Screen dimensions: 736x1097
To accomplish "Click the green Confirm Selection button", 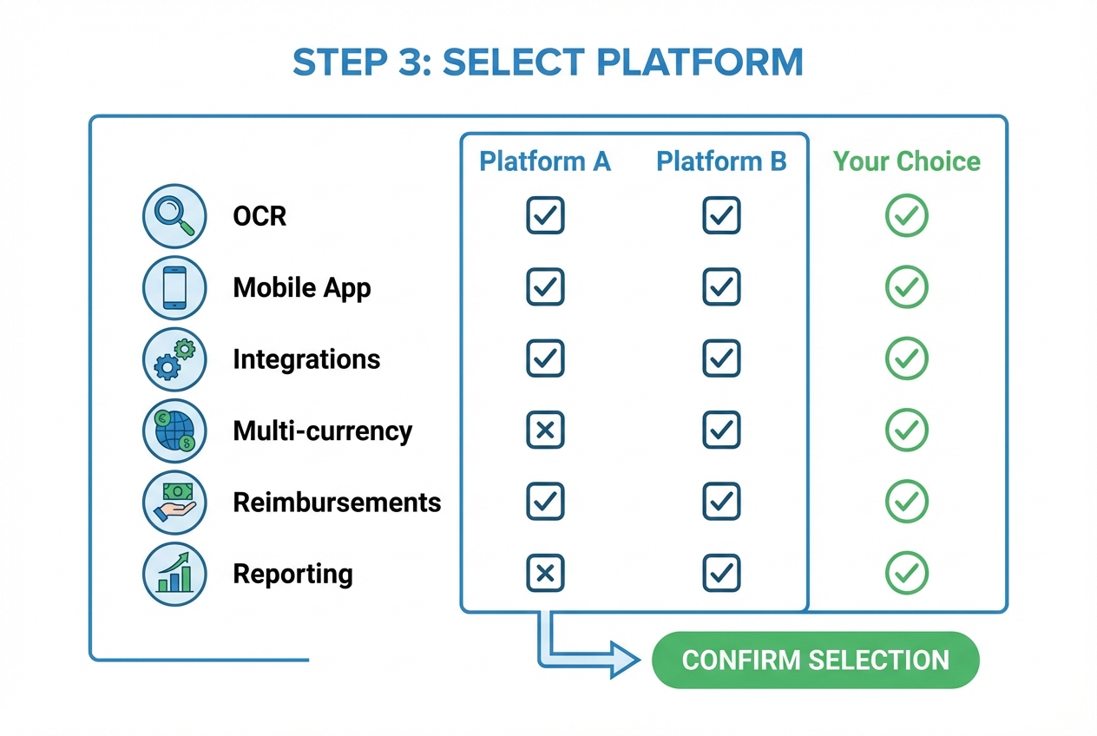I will click(x=815, y=660).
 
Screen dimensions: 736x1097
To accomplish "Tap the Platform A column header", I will click(x=545, y=161).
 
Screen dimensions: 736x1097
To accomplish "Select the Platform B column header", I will click(x=721, y=161).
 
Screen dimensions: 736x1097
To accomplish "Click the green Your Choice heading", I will click(x=906, y=161).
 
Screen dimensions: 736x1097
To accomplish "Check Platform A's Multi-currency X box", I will click(x=545, y=430).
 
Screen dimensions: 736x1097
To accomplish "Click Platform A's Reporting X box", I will click(x=545, y=573).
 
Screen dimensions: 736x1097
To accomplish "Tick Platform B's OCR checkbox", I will click(x=721, y=215).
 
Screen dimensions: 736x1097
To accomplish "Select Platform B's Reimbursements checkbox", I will click(x=721, y=502).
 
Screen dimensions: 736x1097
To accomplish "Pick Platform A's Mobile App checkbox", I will click(x=545, y=287).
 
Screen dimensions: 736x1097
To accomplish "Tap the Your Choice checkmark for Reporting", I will click(x=906, y=573).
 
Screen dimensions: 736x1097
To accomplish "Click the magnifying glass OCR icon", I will click(x=174, y=215).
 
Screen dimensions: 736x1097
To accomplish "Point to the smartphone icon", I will click(x=174, y=287).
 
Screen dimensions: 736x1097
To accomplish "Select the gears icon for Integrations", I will click(x=174, y=358).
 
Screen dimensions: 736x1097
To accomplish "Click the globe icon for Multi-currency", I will click(x=174, y=430).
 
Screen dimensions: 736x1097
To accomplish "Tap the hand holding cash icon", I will click(x=174, y=502).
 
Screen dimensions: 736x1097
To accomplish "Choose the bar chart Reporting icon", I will click(x=174, y=573).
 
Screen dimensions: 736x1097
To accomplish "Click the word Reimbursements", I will click(x=337, y=502).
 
